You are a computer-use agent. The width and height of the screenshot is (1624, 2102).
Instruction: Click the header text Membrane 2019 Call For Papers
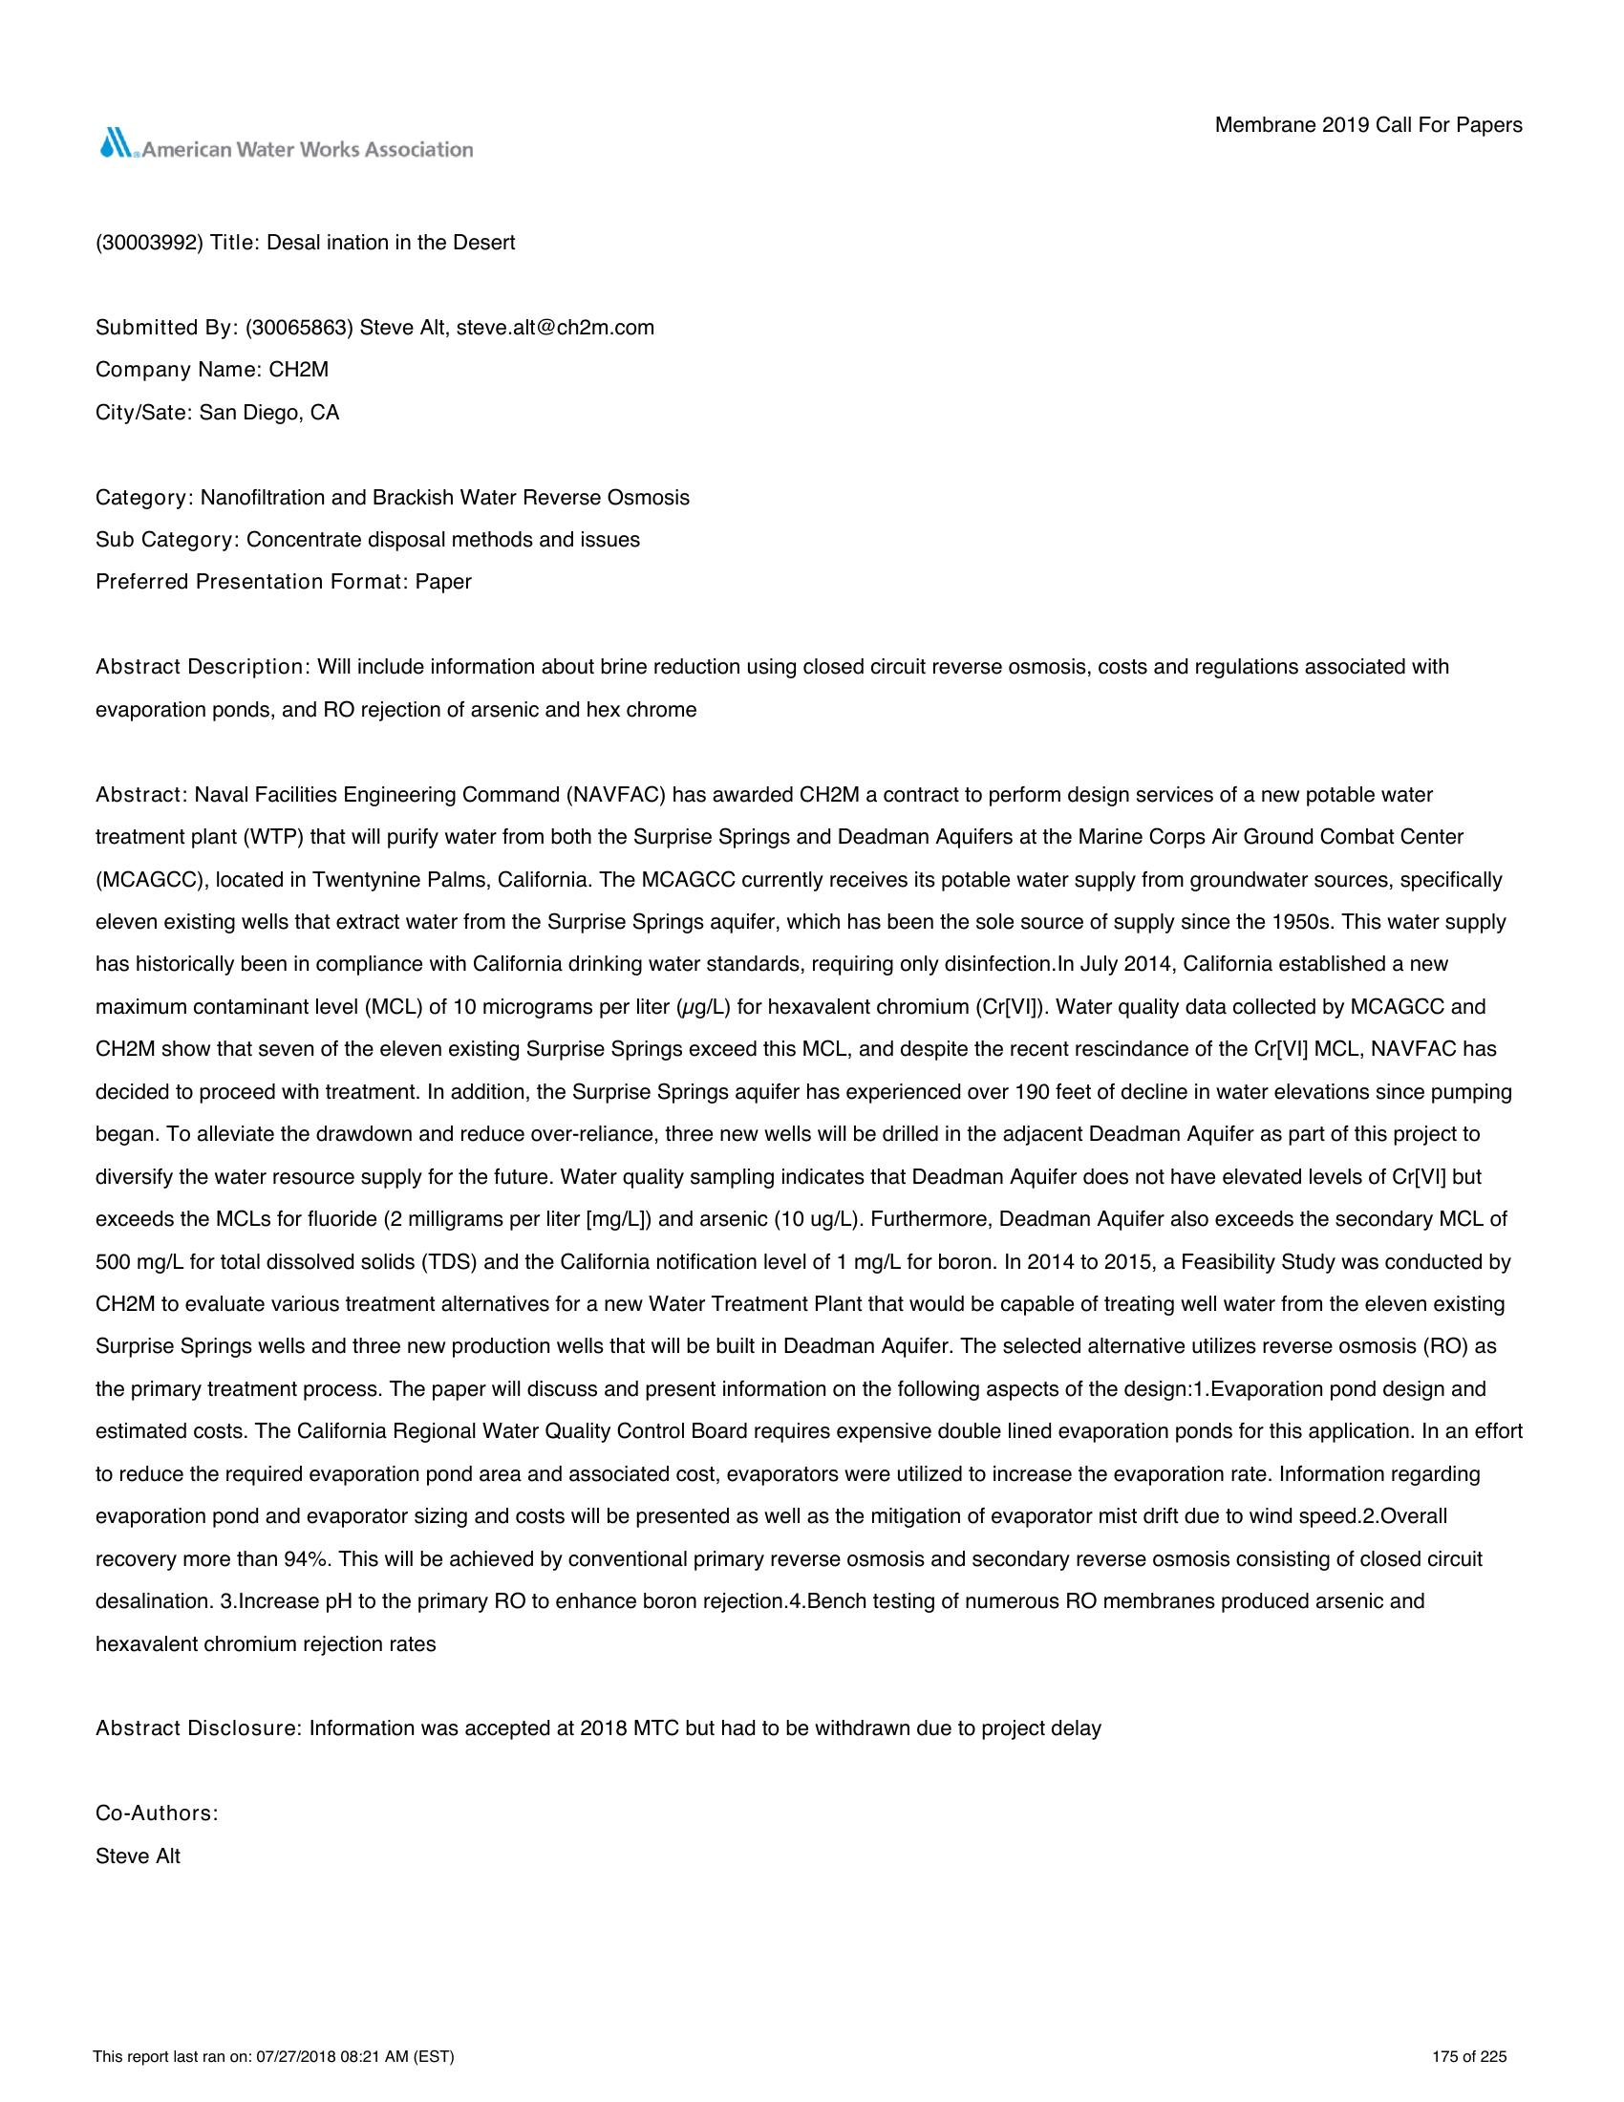pyautogui.click(x=1368, y=125)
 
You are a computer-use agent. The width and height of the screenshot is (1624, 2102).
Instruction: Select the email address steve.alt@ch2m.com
pyautogui.click(x=555, y=327)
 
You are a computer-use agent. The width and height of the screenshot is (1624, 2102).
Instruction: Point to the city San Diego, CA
pyautogui.click(x=269, y=413)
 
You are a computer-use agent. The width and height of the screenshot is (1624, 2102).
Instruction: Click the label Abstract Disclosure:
pyautogui.click(x=198, y=1728)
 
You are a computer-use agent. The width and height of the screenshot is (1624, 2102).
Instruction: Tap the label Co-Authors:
pyautogui.click(x=157, y=1814)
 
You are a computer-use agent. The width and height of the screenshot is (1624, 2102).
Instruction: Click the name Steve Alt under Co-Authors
pyautogui.click(x=138, y=1856)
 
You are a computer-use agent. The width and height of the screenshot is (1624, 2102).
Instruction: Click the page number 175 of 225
pyautogui.click(x=1469, y=2058)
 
